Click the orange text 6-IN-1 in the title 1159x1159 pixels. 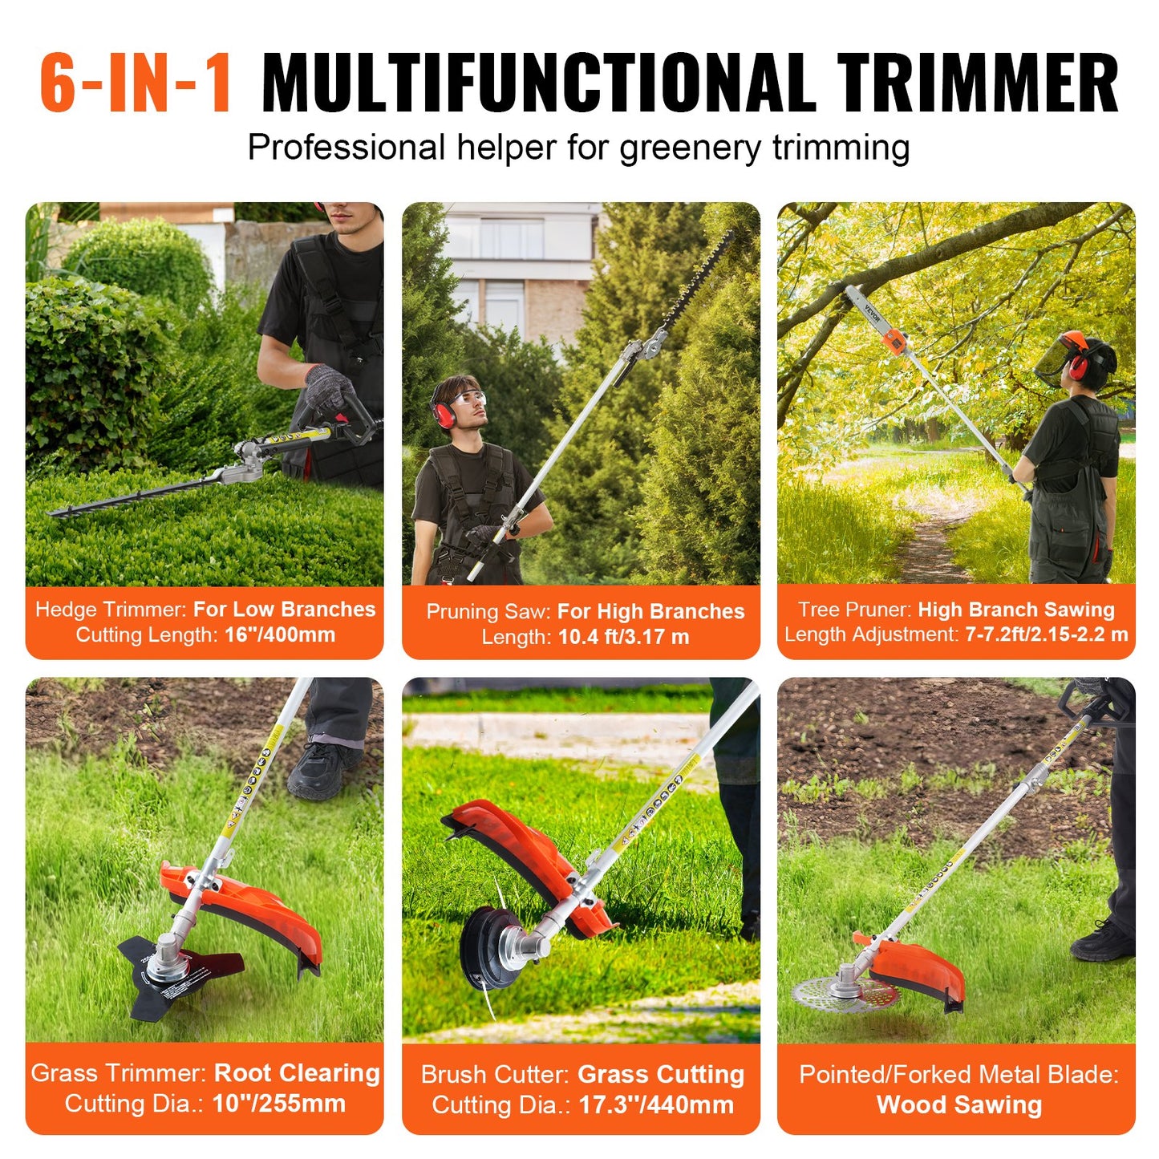point(136,83)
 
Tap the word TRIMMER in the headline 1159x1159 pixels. point(978,83)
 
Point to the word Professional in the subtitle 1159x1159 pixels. point(346,148)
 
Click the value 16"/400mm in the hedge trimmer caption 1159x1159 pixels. point(280,635)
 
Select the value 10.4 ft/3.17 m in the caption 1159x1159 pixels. point(624,638)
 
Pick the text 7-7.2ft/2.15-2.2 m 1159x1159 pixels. point(1046,634)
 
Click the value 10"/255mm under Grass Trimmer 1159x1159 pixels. point(278,1104)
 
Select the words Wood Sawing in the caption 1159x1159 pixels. point(959,1105)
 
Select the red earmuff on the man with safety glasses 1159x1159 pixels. point(443,412)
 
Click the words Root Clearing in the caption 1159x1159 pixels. point(297,1073)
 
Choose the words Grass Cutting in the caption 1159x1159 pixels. point(661,1075)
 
